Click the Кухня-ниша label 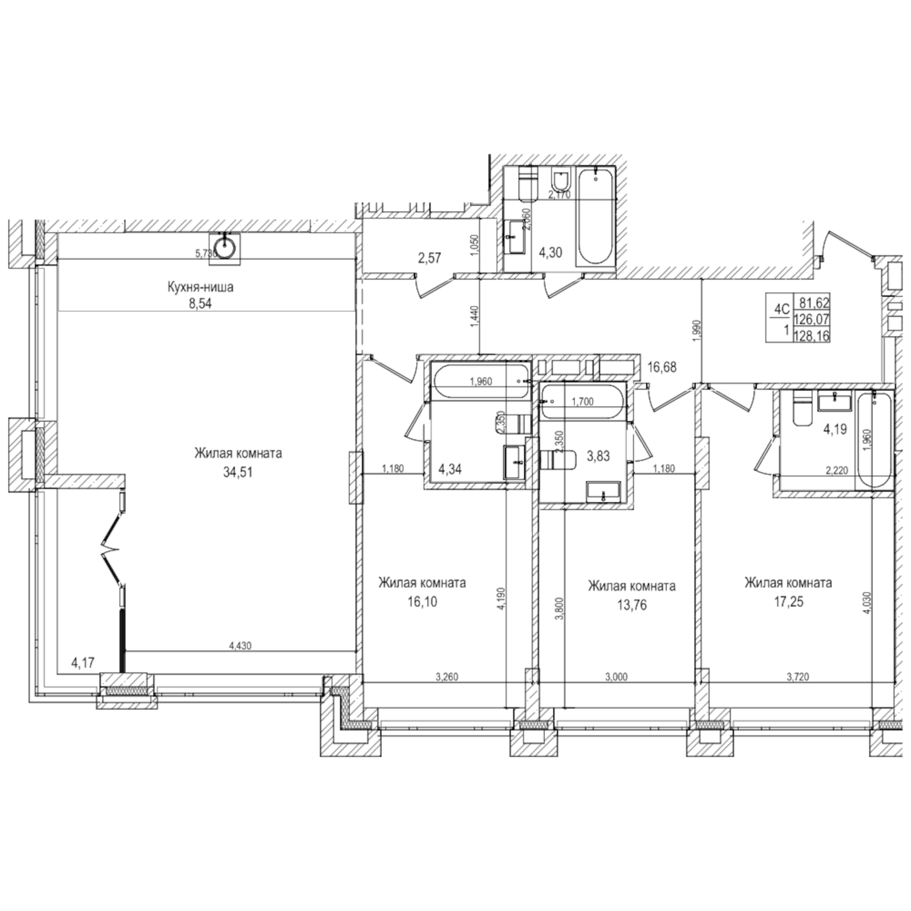(200, 287)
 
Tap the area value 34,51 (238, 472)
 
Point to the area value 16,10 (422, 602)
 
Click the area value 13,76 (632, 605)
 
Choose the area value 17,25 (788, 602)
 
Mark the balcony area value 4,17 (82, 662)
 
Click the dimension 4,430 (240, 646)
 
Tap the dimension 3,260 (446, 677)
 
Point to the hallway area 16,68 (662, 366)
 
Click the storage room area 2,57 (429, 258)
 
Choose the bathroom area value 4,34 (450, 469)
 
